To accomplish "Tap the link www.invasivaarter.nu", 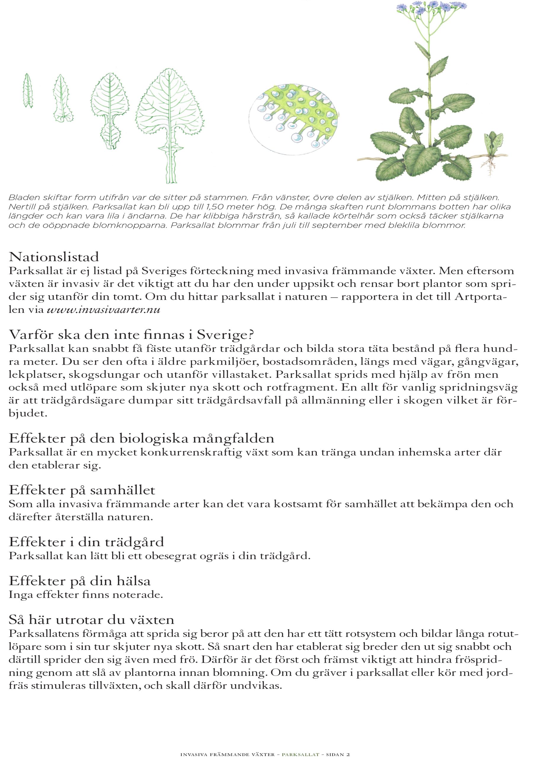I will [103, 310].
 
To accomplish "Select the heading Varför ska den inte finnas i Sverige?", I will [132, 334].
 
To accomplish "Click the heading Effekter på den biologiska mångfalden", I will [141, 438].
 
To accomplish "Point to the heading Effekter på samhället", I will [82, 490].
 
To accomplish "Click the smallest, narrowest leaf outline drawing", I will [28, 91].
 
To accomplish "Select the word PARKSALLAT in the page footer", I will [300, 752].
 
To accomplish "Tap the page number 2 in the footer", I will [348, 752].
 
